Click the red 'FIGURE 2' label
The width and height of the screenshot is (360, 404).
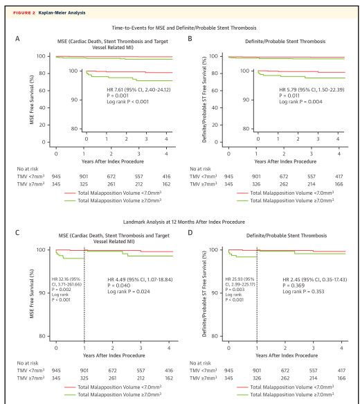coord(24,12)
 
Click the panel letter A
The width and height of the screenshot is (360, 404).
coord(17,39)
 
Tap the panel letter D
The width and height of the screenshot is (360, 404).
coord(190,233)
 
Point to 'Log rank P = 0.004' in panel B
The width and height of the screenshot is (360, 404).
coord(300,102)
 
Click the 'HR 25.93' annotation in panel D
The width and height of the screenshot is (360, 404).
coord(234,279)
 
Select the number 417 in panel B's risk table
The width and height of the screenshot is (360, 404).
coord(339,177)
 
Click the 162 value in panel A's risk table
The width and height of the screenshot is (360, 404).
coord(166,184)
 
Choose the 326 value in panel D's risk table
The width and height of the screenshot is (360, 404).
coord(257,378)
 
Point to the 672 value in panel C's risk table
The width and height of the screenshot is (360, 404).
coord(112,371)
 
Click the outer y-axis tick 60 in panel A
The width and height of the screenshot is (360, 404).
coord(42,91)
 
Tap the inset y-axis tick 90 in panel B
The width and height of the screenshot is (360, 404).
coord(246,100)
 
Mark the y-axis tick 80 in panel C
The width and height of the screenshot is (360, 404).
coord(42,336)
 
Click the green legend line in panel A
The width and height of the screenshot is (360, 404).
coord(70,201)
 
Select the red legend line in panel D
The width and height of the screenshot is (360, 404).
coord(242,387)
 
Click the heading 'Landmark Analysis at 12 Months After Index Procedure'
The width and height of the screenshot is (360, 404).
coord(183,222)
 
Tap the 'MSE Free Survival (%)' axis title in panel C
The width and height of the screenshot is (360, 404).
coord(32,294)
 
